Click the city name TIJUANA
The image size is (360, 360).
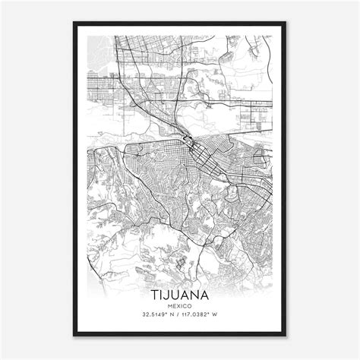tap(180, 293)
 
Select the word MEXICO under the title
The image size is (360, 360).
tap(180, 305)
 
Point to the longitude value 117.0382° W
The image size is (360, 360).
tap(207, 314)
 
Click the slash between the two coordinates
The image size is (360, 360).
tap(180, 314)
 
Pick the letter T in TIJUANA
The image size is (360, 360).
tap(155, 293)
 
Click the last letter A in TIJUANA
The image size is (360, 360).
tap(205, 293)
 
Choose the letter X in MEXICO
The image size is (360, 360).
tap(178, 305)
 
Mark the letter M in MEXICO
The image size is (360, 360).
tap(169, 305)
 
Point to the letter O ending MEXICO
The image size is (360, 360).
tap(191, 305)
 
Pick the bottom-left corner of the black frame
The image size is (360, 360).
tap(74, 336)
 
